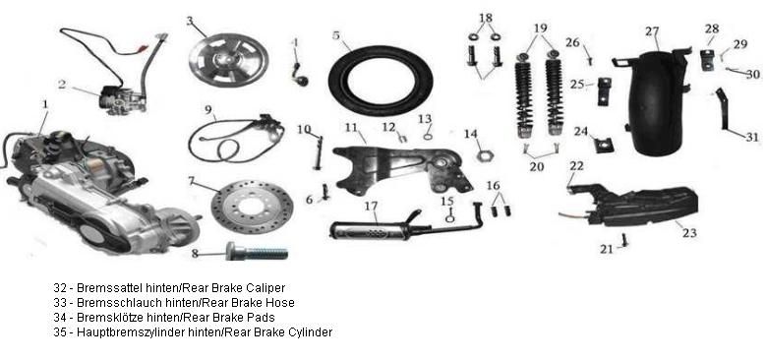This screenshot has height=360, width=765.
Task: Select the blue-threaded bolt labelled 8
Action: coord(257,252)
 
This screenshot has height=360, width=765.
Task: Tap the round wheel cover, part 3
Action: coord(228,61)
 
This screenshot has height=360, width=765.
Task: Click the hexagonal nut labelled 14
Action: coord(483,156)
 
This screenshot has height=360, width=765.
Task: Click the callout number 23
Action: coord(689,233)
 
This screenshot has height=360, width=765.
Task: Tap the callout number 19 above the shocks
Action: coord(540,29)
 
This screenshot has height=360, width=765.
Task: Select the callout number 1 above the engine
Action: coord(45,104)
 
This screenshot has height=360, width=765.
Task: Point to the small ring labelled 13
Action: coord(428,136)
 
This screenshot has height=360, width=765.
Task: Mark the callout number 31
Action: coord(752,137)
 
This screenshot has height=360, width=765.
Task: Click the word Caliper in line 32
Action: coord(265,288)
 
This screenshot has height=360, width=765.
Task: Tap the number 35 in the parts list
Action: coord(60,332)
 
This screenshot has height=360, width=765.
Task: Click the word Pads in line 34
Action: coord(264,317)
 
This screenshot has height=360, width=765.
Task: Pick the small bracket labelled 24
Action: coord(604,145)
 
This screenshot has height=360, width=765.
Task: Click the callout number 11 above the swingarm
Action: coord(351,128)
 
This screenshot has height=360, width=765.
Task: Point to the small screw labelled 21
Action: coord(624,240)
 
